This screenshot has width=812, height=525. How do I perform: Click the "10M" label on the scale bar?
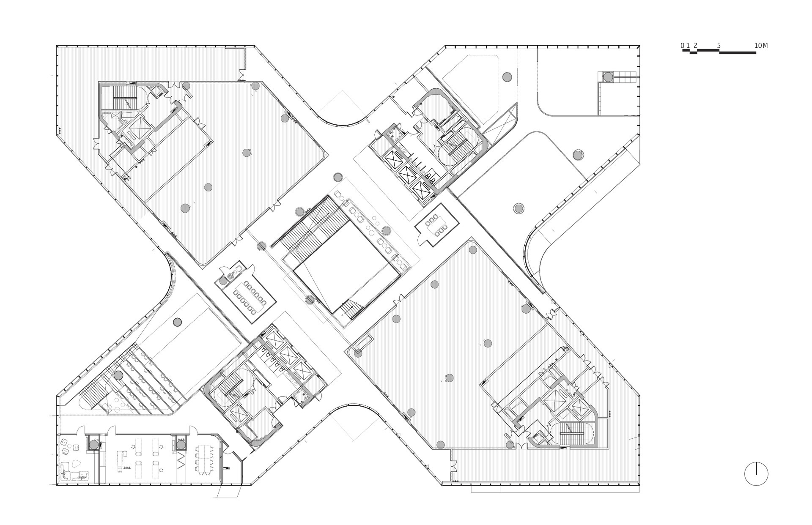760,46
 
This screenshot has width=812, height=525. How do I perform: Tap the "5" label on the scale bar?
719,46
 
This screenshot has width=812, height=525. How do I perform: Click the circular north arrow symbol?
756,474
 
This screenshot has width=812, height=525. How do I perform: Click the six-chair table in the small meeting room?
437,224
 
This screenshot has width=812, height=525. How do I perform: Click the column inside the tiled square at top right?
608,77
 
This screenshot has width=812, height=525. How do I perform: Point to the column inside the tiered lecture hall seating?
118,375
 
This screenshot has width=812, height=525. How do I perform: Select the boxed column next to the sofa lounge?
94,444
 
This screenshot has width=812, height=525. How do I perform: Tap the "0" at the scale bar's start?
682,46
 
